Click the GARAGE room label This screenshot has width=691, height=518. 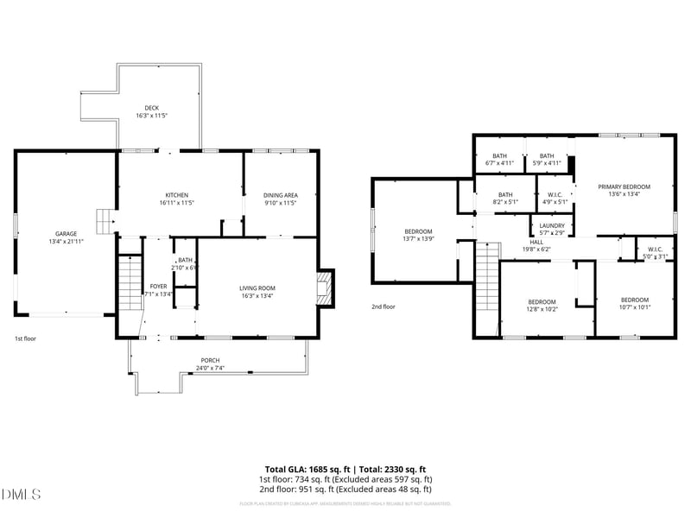pos(67,234)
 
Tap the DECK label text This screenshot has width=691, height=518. pos(151,108)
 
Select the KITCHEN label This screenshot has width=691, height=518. pos(177,195)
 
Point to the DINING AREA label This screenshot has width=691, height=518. pos(280,195)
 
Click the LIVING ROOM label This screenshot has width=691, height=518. pos(257,288)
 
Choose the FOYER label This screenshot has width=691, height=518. pos(158,286)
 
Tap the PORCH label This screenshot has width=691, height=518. pos(210,360)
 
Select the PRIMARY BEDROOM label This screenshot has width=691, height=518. pos(624,186)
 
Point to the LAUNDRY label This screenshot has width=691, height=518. pos(552,225)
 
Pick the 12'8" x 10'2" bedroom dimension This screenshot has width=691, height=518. pos(543,308)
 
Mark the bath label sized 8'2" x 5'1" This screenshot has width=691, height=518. pos(505,203)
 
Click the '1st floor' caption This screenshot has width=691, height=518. pos(25,339)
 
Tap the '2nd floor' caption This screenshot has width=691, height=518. pos(383,306)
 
